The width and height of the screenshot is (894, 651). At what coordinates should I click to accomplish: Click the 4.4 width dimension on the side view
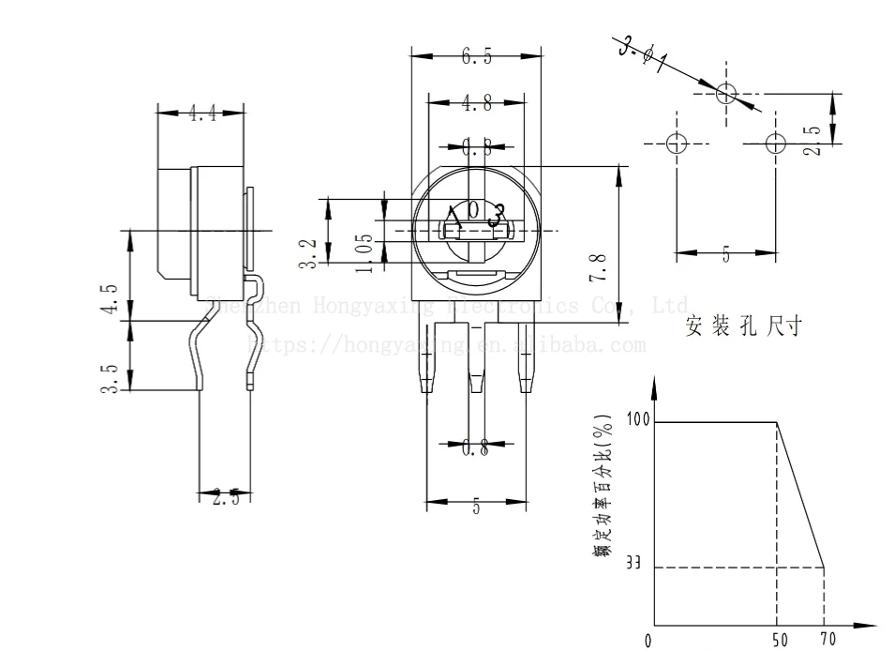(x=201, y=114)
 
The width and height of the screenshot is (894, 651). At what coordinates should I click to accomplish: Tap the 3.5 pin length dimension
(x=111, y=377)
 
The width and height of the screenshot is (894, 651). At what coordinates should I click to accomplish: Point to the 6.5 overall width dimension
(x=476, y=57)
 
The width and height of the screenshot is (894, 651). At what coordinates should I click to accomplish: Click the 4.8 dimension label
(x=476, y=104)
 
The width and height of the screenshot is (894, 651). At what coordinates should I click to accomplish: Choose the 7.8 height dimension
(x=600, y=268)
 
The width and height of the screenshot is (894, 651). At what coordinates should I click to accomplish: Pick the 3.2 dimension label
(x=307, y=253)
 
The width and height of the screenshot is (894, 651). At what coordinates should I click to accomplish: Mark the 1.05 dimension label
(x=366, y=252)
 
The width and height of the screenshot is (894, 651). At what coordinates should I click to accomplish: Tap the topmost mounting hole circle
(x=726, y=93)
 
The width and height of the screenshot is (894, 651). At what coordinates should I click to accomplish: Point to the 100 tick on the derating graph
(x=638, y=419)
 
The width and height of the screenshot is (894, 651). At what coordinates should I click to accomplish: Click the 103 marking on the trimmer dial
(x=476, y=214)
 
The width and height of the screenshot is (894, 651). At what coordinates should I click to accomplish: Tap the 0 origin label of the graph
(x=648, y=642)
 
